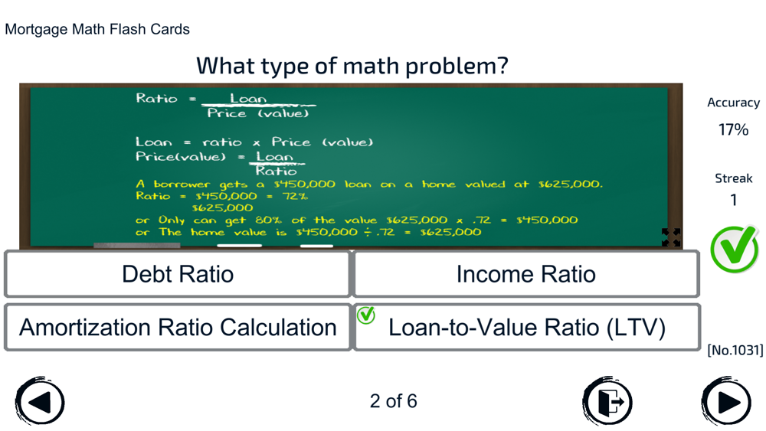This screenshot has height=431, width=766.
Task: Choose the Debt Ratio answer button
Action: tap(178, 274)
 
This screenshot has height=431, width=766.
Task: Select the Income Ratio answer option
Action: tap(526, 274)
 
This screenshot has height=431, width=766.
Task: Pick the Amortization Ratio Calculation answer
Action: tap(178, 327)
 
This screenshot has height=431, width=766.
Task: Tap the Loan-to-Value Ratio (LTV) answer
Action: tap(526, 327)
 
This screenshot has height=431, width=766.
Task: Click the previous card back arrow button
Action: tap(40, 402)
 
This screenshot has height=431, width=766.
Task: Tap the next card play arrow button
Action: tap(727, 402)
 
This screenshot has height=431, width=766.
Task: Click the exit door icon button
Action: tap(607, 402)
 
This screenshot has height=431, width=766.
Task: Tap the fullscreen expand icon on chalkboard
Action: tap(671, 237)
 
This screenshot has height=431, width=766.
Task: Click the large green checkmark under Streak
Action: tap(735, 249)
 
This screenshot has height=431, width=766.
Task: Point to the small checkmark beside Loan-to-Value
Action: tap(366, 315)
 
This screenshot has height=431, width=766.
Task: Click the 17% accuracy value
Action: tap(733, 130)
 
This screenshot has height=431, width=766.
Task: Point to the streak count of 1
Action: tap(733, 200)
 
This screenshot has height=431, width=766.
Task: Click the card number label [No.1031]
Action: tap(735, 350)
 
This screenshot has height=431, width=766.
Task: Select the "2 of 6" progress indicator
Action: tap(393, 401)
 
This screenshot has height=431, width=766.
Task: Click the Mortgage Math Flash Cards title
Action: tap(97, 29)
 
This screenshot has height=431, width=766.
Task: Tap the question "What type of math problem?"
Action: tap(352, 66)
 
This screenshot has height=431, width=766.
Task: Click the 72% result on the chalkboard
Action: tap(295, 196)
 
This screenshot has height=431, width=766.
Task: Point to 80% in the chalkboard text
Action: tap(268, 220)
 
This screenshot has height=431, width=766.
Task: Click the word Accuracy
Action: tap(733, 103)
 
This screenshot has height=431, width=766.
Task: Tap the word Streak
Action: tap(733, 178)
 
